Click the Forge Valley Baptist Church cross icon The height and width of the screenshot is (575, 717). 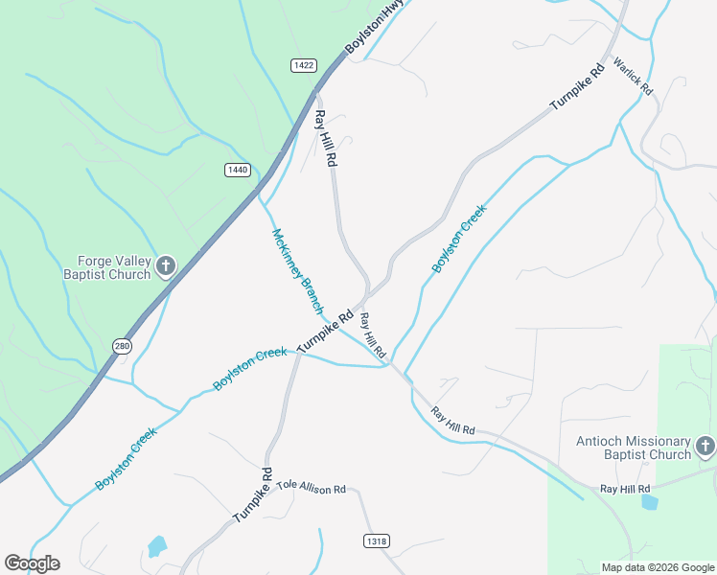166,265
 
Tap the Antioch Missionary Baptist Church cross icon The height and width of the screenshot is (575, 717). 705,446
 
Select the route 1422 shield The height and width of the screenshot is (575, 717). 304,64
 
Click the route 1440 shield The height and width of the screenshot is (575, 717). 237,170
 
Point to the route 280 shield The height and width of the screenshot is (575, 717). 121,346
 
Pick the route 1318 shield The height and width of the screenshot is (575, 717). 377,541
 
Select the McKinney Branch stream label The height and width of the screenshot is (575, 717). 297,271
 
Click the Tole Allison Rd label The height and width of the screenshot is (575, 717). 311,487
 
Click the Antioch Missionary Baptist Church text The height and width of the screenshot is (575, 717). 634,448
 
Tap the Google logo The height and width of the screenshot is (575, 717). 32,563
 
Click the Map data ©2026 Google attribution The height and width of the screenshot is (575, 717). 658,567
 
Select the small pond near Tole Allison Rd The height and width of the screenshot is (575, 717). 156,547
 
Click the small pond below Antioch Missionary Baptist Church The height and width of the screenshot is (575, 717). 650,501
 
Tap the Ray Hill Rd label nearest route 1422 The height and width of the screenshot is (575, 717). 326,139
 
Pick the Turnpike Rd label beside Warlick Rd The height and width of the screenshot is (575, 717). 577,87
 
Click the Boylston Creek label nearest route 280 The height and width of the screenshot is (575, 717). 126,459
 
